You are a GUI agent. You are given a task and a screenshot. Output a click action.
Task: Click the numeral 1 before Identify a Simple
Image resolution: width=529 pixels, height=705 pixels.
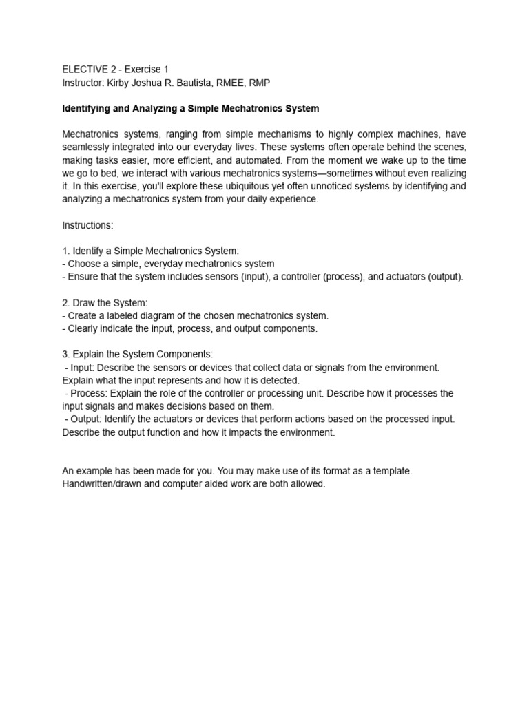65,251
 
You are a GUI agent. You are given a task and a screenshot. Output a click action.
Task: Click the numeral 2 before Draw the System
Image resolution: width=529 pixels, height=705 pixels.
65,303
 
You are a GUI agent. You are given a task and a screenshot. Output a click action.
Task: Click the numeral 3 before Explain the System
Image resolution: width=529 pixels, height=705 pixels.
65,355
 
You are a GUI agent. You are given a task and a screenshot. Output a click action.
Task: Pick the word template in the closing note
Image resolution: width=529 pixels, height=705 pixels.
393,471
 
